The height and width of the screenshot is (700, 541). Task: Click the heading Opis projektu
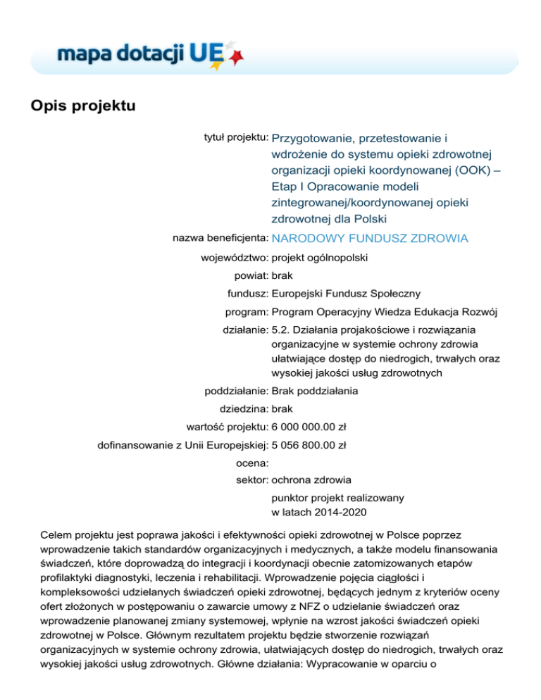(x=82, y=107)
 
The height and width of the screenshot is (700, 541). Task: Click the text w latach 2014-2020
(x=317, y=511)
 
